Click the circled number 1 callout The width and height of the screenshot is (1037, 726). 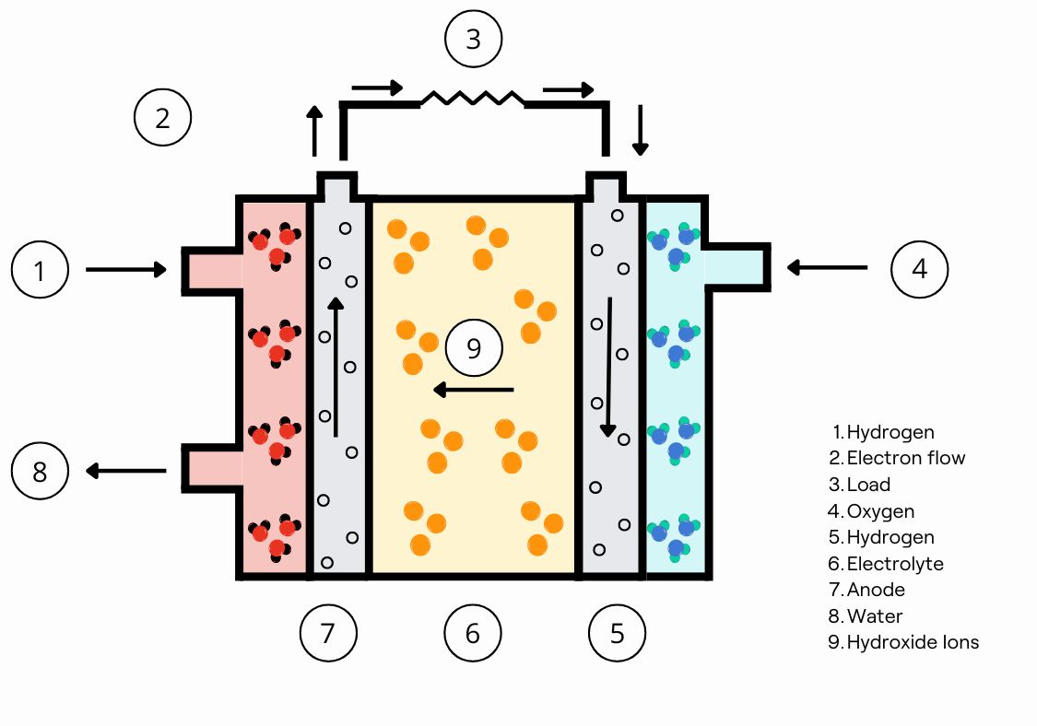coord(40,270)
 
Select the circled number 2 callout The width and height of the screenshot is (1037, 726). coord(162,118)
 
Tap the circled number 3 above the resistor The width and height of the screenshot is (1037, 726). coord(473,40)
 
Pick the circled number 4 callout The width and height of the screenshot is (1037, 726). coord(919,269)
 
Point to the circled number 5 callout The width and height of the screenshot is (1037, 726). coord(617,633)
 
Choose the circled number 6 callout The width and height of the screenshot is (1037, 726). coord(472,633)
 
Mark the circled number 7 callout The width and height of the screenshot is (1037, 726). coord(328,633)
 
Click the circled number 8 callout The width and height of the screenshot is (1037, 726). coord(40,472)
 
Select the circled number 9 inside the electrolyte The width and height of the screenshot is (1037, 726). coord(474,348)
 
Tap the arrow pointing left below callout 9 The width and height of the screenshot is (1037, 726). coord(473,390)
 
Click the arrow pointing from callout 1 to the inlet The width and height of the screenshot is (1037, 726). coord(125,270)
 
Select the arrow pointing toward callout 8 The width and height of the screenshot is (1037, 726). coord(125,472)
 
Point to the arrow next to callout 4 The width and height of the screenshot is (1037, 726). coord(827,267)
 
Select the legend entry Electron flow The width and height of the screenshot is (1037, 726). coord(905,458)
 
